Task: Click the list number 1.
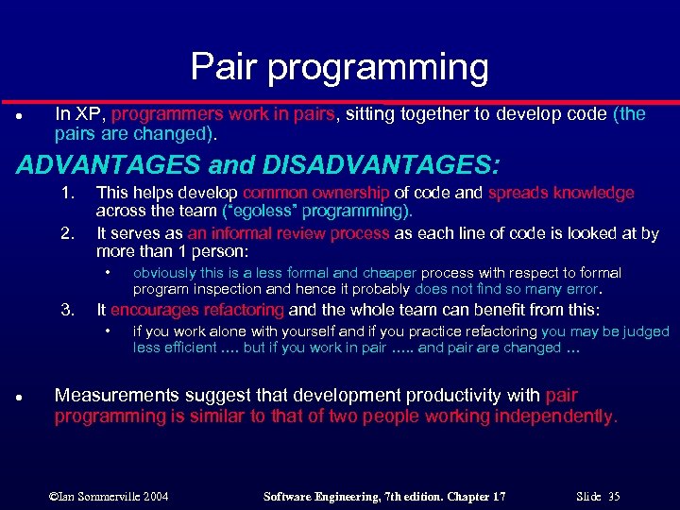point(67,193)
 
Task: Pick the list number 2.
point(67,232)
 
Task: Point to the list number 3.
point(67,310)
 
